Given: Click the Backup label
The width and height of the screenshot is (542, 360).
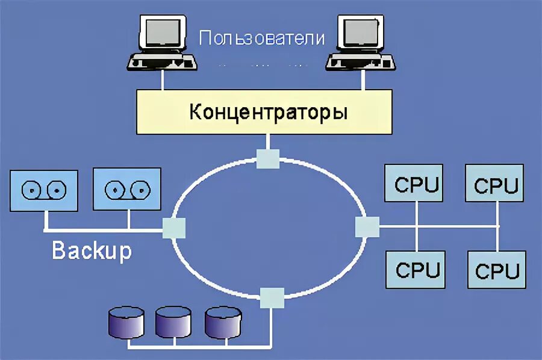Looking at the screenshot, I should (x=92, y=250).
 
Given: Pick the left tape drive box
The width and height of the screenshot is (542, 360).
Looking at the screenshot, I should (x=44, y=190).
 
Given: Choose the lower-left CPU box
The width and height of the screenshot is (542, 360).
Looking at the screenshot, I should (x=417, y=269).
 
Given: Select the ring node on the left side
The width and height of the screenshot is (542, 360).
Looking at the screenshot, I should (x=173, y=228).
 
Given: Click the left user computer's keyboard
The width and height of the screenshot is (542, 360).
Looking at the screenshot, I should (x=161, y=62).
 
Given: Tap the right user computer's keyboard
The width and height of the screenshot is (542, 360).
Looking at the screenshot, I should (x=360, y=62).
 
